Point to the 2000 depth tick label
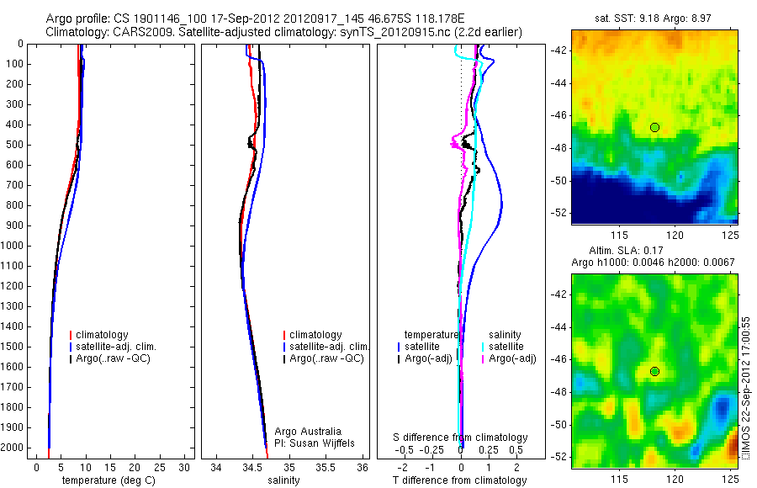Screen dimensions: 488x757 [14, 448]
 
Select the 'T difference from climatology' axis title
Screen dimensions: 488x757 [460, 480]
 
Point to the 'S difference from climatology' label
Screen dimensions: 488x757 [460, 438]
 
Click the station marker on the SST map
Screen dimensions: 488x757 [654, 127]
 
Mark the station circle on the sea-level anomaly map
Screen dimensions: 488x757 [654, 371]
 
